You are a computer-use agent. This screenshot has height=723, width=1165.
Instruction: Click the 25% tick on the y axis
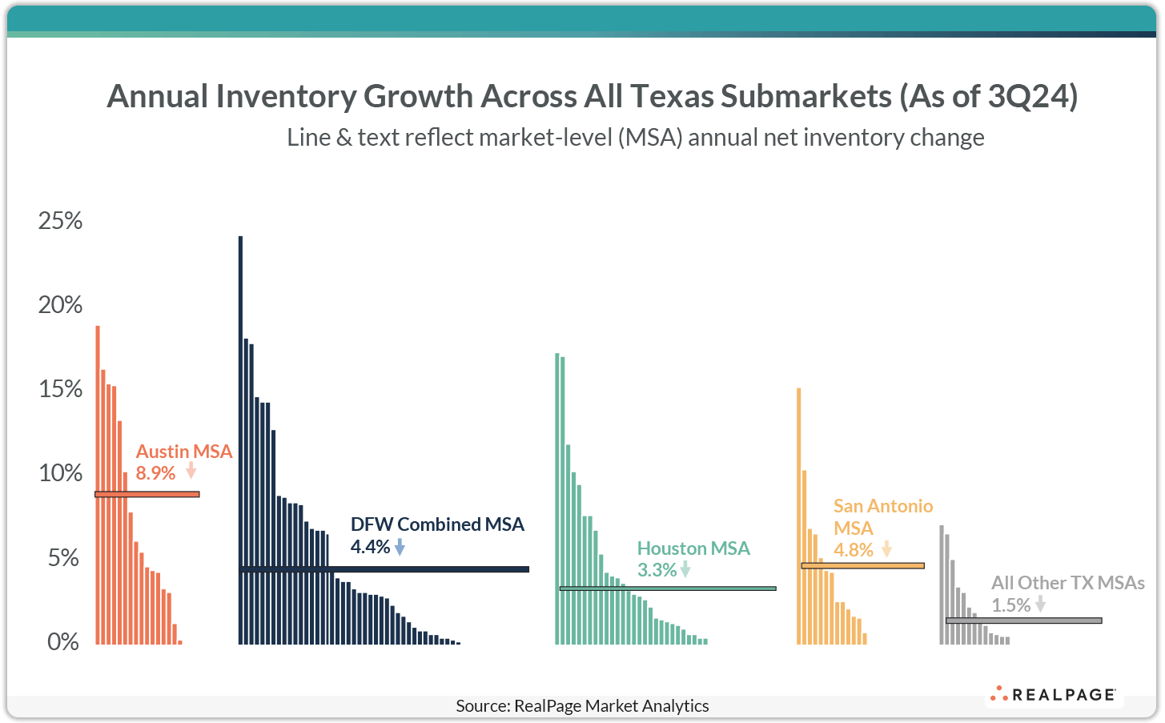[x=60, y=221]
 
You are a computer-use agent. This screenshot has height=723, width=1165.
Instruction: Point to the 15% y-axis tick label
[x=60, y=389]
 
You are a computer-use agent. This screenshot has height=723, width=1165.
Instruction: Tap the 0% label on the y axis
[x=63, y=642]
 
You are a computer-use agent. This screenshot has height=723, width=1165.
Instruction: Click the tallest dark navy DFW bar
[x=240, y=440]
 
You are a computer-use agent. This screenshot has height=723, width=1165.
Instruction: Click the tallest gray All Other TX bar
[x=942, y=584]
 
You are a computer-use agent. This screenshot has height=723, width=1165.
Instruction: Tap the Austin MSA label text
[x=184, y=452]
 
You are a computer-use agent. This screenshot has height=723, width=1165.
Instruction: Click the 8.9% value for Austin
[x=155, y=473]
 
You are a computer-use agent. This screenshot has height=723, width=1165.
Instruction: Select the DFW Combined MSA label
[x=437, y=524]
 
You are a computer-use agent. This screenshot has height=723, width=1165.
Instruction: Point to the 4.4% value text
[x=370, y=547]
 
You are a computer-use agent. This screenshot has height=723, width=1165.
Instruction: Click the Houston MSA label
[x=693, y=548]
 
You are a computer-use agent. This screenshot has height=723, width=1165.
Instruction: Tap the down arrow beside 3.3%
[x=685, y=570]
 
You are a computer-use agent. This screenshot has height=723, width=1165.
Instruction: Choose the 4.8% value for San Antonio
[x=853, y=550]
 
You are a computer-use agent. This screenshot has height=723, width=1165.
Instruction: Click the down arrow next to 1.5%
[x=1040, y=605]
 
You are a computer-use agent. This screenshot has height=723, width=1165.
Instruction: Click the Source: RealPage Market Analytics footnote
[x=582, y=705]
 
